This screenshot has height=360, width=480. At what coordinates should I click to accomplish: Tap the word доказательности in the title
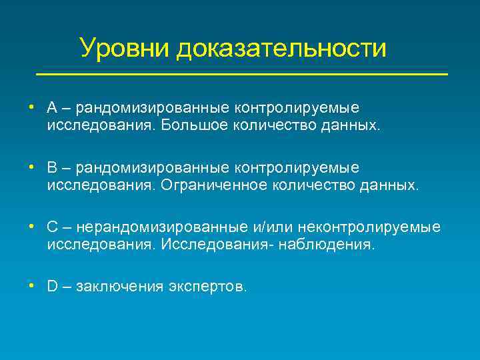tap(281, 48)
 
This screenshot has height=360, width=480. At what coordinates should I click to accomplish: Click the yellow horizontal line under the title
tap(241, 73)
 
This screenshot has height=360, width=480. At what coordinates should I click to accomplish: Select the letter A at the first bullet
tap(53, 108)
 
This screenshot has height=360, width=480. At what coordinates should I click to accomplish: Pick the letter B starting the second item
tap(53, 168)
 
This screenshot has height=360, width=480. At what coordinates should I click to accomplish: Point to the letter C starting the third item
tap(53, 227)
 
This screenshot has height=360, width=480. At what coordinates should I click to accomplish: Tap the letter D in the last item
tap(53, 287)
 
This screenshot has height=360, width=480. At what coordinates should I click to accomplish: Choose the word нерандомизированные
tap(153, 227)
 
